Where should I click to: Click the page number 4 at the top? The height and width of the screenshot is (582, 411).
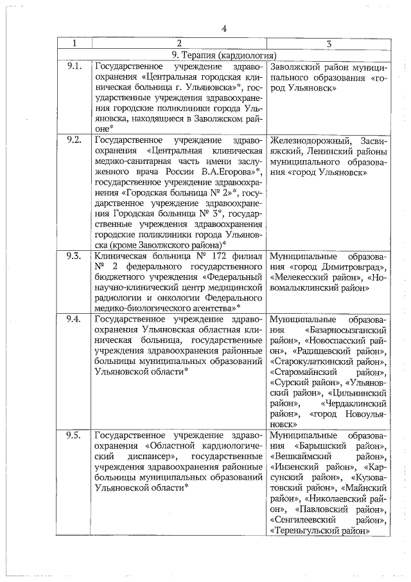pyautogui.click(x=224, y=28)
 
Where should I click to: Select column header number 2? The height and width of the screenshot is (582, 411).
pyautogui.click(x=179, y=44)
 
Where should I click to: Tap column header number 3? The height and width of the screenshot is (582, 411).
pyautogui.click(x=328, y=44)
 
